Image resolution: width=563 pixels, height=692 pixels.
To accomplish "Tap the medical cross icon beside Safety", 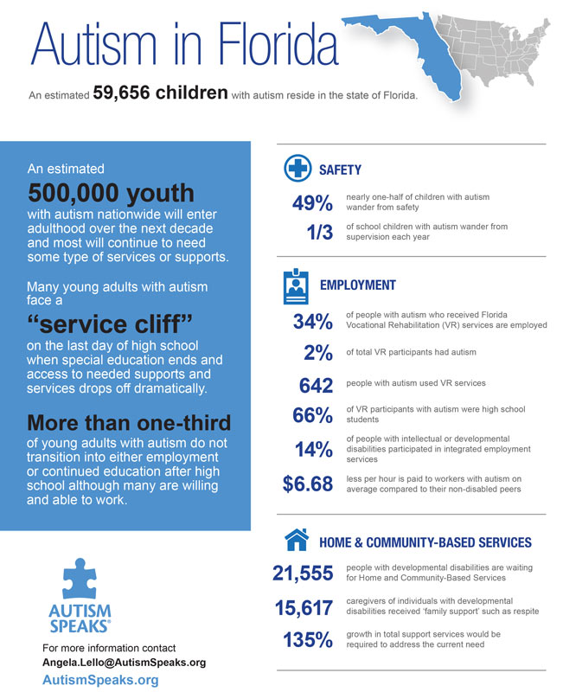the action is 297,168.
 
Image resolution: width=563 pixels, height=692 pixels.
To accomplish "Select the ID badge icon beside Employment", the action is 296,286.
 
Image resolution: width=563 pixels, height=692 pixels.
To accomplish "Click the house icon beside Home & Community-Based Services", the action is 297,539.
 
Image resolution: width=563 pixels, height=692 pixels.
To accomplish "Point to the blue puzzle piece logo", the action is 80,579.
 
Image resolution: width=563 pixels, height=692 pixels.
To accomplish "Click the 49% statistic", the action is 312,203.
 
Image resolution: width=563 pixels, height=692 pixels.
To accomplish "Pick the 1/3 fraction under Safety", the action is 320,232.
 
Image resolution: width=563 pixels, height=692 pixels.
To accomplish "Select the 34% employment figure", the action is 313,321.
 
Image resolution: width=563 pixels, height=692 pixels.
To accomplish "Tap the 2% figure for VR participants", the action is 318,353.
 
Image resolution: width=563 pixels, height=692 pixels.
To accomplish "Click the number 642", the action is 316,385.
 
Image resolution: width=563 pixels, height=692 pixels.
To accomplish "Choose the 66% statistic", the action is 312,415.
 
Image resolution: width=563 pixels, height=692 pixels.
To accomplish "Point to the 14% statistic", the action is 314,450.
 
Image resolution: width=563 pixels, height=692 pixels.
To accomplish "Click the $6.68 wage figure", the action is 308,484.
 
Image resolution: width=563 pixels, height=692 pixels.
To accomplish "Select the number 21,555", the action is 303,573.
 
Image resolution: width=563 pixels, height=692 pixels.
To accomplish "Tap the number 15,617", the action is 304,608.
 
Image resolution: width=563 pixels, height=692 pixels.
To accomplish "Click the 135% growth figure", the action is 308,639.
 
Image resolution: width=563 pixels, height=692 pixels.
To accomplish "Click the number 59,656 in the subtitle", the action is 121,93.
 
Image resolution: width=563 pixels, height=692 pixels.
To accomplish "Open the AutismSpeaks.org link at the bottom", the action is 100,680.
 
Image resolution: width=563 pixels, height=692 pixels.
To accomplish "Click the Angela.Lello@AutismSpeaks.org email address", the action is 124,663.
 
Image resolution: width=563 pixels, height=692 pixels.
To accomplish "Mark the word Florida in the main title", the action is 278,43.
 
